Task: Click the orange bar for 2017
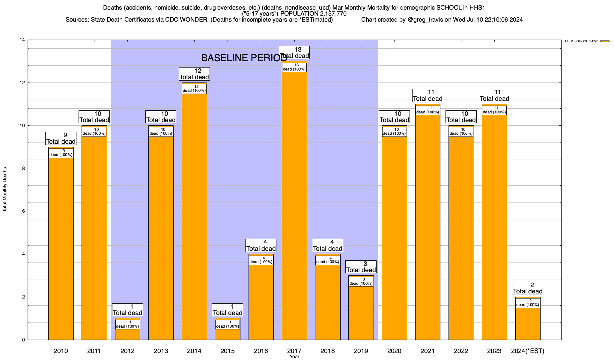point(294,210)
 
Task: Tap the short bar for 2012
point(128,334)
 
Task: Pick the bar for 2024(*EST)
point(528,324)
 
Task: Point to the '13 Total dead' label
point(294,52)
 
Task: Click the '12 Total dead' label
point(194,74)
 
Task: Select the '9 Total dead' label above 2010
point(61,138)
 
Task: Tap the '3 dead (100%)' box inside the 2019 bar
point(361,281)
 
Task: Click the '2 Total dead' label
point(528,288)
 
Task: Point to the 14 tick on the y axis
point(22,40)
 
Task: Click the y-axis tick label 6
point(23,211)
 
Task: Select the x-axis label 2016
point(261,351)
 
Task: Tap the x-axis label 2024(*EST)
point(528,351)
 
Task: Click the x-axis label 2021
point(428,351)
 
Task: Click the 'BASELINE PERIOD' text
point(244,58)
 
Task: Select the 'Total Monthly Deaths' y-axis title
point(5,190)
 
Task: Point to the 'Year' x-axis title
point(294,357)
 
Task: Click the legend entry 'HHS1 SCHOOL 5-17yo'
point(582,41)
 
